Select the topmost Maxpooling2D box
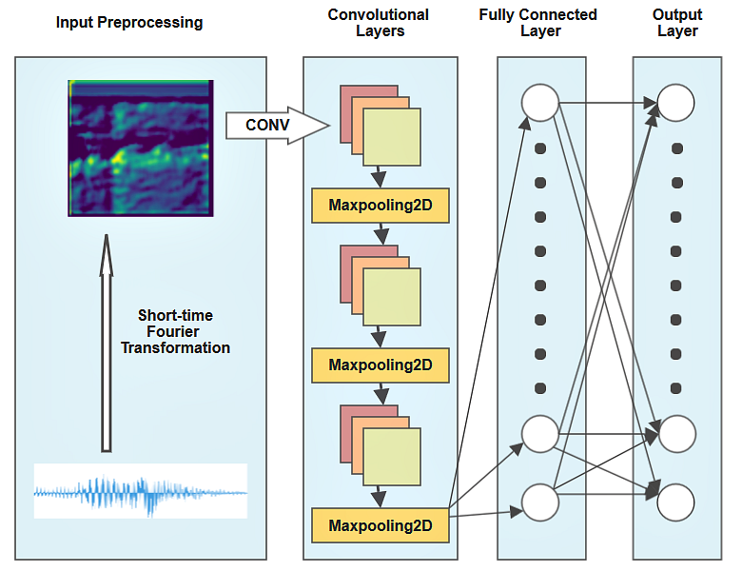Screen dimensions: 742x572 click(x=381, y=206)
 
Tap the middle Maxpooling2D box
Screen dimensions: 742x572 click(x=381, y=365)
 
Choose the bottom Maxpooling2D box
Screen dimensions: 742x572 click(x=381, y=525)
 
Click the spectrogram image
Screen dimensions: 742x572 click(x=141, y=148)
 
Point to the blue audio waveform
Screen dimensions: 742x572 click(x=141, y=492)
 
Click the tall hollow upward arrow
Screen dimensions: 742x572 click(x=107, y=344)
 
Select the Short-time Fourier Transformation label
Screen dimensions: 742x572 click(x=175, y=331)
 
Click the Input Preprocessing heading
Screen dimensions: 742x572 click(x=129, y=22)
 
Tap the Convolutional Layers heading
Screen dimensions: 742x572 click(x=379, y=23)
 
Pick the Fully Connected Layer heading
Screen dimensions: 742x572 click(x=538, y=23)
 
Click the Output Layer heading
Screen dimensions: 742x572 click(x=677, y=23)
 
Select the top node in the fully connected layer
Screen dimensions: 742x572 click(x=540, y=103)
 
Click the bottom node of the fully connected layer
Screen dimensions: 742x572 click(x=540, y=503)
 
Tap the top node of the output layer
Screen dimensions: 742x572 click(x=675, y=103)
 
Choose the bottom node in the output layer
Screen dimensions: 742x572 click(x=675, y=503)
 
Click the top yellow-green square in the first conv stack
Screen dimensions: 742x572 click(x=392, y=137)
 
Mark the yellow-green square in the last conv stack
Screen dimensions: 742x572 click(x=392, y=457)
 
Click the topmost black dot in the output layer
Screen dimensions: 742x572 click(x=677, y=148)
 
